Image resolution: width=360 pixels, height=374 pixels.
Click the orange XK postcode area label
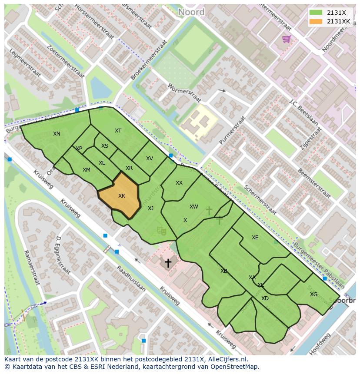122,196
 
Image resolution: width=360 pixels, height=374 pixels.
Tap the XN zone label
57,134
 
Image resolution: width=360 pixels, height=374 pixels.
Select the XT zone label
118,131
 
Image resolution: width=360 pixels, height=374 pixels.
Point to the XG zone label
313,295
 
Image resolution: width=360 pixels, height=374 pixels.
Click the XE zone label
255,238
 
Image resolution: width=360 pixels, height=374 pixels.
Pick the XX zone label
179,183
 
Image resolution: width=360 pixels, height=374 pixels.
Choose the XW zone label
194,207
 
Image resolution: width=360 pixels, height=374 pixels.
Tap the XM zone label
87,170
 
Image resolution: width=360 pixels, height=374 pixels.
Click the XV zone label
150,159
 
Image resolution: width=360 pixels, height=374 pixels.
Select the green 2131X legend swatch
316,13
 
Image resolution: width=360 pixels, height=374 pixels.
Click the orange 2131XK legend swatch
316,21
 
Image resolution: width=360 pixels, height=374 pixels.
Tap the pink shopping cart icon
286,40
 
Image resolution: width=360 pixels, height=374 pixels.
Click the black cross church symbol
167,262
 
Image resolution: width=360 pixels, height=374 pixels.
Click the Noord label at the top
191,12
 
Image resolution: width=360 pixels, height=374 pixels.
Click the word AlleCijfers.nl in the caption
227,359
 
